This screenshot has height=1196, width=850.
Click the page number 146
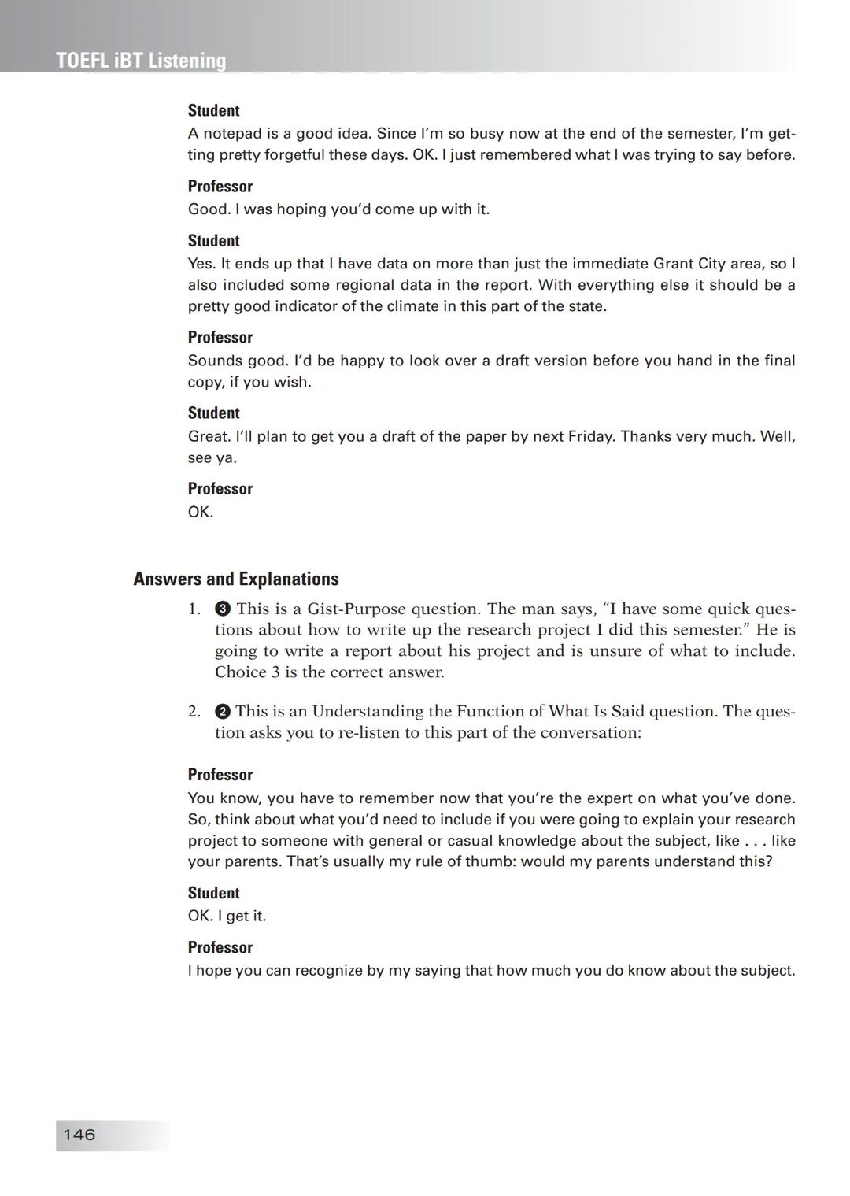point(79,1135)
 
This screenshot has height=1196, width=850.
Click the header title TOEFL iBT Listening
point(141,61)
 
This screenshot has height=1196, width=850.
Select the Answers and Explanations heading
point(236,579)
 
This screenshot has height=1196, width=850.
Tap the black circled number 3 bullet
point(223,609)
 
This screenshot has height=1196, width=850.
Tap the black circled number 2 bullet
point(222,711)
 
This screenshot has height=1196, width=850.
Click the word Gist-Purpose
point(357,609)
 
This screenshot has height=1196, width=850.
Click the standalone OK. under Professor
point(201,512)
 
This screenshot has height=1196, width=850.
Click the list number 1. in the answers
point(194,609)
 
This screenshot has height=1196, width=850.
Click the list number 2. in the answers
point(194,711)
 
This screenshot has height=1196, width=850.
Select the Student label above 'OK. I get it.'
point(213,893)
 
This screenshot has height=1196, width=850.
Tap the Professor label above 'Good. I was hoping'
point(220,187)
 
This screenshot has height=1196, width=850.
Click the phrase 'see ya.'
point(212,457)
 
